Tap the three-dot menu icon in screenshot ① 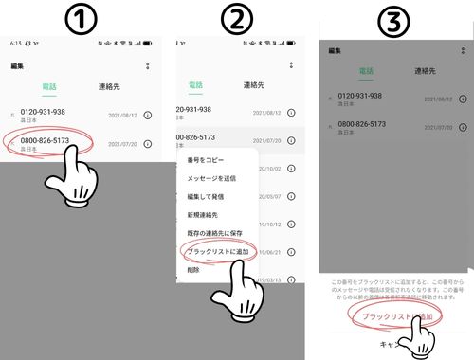coord(147,65)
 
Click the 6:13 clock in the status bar coord(15,44)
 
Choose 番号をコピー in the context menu coord(206,160)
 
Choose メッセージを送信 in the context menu coord(213,178)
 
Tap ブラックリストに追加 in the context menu coord(218,251)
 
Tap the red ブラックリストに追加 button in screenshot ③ coord(392,314)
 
